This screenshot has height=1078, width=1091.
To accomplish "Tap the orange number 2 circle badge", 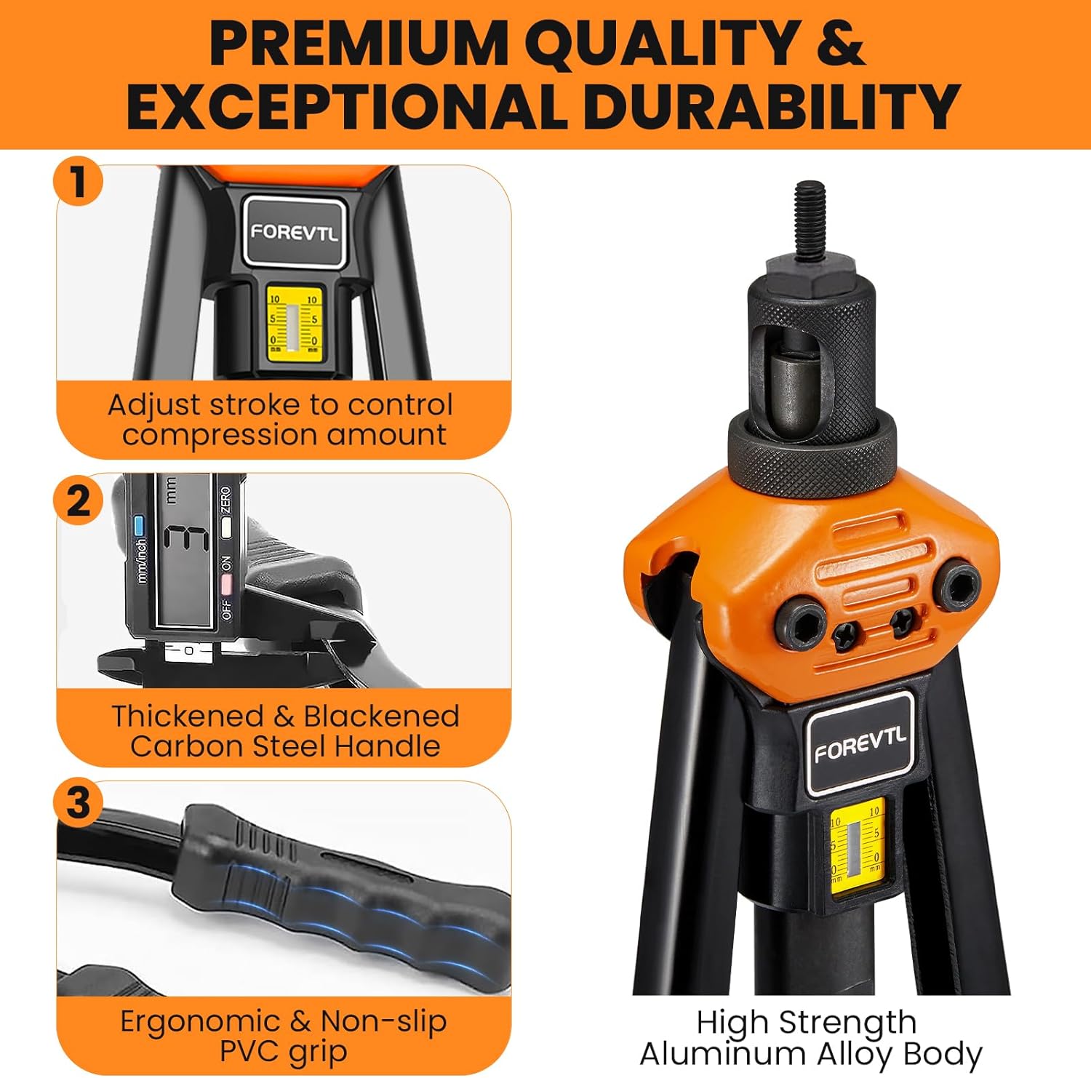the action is pyautogui.click(x=79, y=500).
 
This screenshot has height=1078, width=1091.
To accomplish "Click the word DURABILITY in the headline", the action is pyautogui.click(x=772, y=106).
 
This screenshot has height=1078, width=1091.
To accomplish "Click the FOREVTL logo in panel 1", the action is pyautogui.click(x=294, y=232).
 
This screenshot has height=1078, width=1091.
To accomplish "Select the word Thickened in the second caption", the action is pyautogui.click(x=188, y=716).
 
